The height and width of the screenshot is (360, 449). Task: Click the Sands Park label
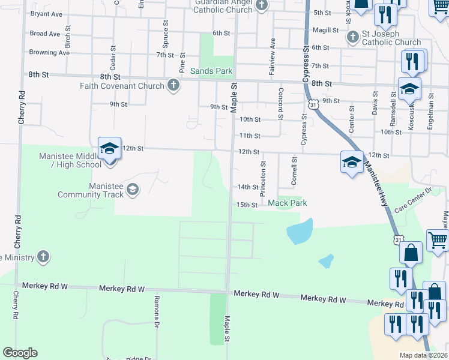(211, 71)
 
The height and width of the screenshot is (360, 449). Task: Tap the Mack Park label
(287, 203)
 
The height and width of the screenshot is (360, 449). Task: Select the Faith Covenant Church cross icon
(173, 85)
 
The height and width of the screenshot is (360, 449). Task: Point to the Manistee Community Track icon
(132, 190)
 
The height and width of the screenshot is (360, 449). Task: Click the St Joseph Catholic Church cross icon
(353, 37)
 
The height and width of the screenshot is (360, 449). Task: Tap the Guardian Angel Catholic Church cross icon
(261, 6)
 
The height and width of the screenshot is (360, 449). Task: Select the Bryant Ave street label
(46, 13)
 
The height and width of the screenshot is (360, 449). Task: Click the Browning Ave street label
(49, 53)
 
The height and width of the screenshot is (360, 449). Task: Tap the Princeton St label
(263, 178)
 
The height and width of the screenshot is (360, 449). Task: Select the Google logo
(20, 353)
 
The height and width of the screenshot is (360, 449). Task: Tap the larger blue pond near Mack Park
(300, 231)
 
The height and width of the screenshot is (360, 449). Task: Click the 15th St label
(247, 205)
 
